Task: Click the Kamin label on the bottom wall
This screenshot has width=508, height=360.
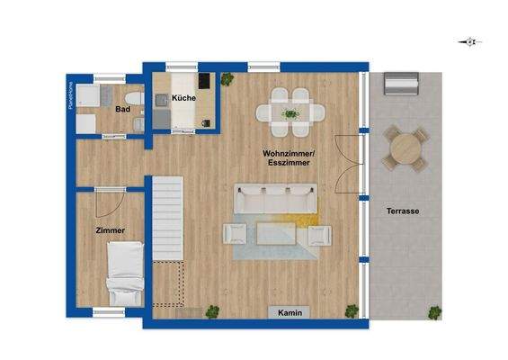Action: [x=290, y=312]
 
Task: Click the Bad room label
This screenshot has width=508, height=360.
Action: [x=122, y=110]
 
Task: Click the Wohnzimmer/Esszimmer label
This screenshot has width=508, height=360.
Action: [x=288, y=159]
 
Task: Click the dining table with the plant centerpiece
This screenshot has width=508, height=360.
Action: [x=290, y=112]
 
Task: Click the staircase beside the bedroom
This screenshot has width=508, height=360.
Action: [x=166, y=216]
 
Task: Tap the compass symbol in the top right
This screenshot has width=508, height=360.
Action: [x=469, y=41]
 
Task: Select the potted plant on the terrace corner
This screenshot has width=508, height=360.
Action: [x=435, y=313]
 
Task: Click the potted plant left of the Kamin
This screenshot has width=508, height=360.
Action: [x=213, y=312]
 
